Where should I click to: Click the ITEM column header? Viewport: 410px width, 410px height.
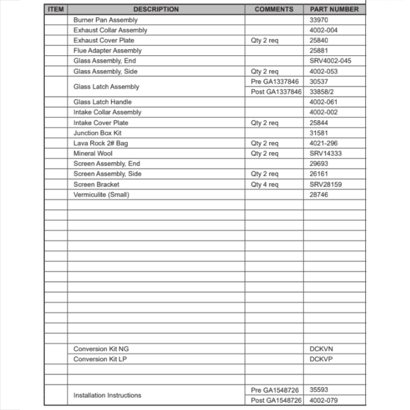[x=56, y=9]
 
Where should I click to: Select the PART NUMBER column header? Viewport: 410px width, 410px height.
[x=334, y=9]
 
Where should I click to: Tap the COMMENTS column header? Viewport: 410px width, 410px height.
[x=274, y=9]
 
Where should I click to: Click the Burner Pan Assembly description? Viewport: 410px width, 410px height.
[x=105, y=20]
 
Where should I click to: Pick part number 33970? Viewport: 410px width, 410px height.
[x=319, y=20]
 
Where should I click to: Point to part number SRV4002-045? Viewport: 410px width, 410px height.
[x=330, y=61]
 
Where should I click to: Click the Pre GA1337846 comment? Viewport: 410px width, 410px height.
[x=275, y=82]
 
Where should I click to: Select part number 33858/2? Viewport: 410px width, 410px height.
[x=321, y=92]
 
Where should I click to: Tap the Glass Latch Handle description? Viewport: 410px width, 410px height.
[x=102, y=102]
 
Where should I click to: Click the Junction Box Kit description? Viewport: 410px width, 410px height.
[x=98, y=133]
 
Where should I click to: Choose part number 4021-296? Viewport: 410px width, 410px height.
[x=323, y=143]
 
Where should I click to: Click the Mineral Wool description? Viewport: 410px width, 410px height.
[x=93, y=153]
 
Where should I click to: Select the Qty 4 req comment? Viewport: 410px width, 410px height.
[x=264, y=184]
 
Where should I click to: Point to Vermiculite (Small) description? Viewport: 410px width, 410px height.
[x=101, y=195]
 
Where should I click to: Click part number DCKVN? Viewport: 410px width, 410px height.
[x=321, y=349]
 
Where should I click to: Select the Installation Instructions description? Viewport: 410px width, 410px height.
[x=107, y=395]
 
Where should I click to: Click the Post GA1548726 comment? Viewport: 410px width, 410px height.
[x=276, y=401]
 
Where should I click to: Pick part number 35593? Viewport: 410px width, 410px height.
[x=319, y=390]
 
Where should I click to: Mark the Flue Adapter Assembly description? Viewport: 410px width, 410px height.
[x=107, y=50]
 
